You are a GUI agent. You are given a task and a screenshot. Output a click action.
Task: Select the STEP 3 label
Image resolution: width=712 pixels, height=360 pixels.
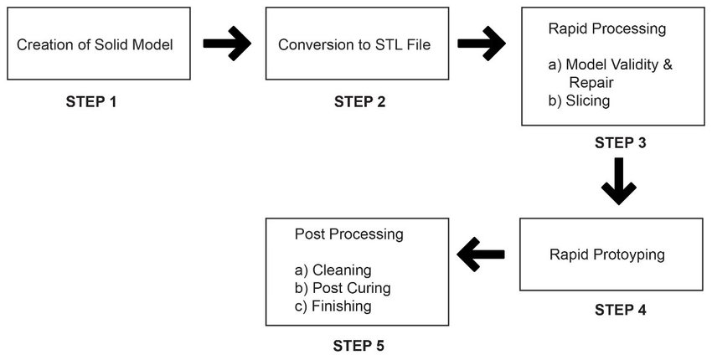tap(620, 142)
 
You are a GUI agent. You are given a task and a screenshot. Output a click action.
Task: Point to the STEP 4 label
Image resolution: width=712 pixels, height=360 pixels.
tap(620, 310)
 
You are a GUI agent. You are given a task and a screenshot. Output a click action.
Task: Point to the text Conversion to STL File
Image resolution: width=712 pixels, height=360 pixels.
tap(354, 44)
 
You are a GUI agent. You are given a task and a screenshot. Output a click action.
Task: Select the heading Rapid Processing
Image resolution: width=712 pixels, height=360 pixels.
tap(607, 28)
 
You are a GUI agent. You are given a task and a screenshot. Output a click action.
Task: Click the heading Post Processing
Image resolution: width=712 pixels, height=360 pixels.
tap(348, 234)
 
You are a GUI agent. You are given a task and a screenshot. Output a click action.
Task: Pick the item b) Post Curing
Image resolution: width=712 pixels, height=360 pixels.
tap(343, 288)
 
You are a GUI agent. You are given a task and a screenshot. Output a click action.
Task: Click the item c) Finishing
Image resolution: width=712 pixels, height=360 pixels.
tap(333, 306)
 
